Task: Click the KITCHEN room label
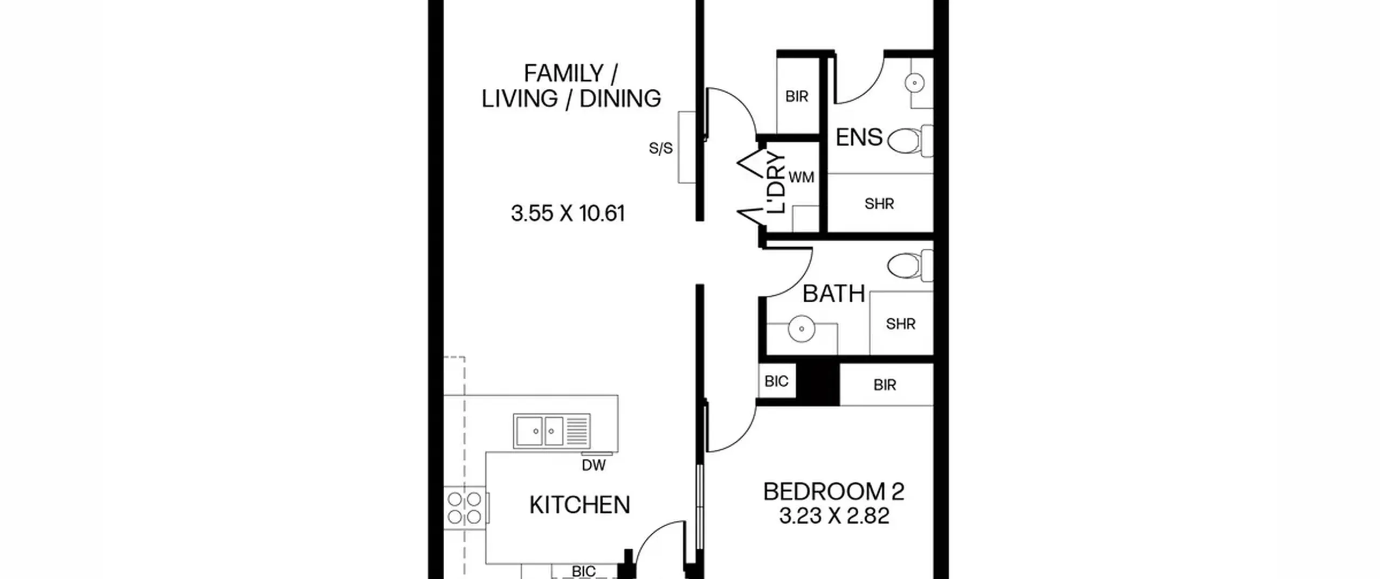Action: (x=579, y=505)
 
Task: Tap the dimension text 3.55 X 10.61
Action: (x=568, y=213)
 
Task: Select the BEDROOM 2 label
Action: (x=834, y=492)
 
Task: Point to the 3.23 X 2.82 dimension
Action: (x=834, y=516)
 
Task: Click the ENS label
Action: (x=859, y=137)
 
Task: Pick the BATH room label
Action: (x=834, y=294)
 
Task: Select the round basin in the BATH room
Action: (x=802, y=329)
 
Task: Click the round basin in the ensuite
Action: (x=915, y=83)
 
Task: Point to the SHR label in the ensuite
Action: (x=879, y=204)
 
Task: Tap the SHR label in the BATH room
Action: (x=901, y=324)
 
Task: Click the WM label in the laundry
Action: (x=801, y=177)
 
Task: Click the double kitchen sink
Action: (x=552, y=431)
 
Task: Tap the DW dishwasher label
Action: (x=594, y=465)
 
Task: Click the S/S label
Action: (x=661, y=148)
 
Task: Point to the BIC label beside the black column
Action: (x=776, y=381)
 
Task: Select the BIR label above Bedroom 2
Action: (x=885, y=385)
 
